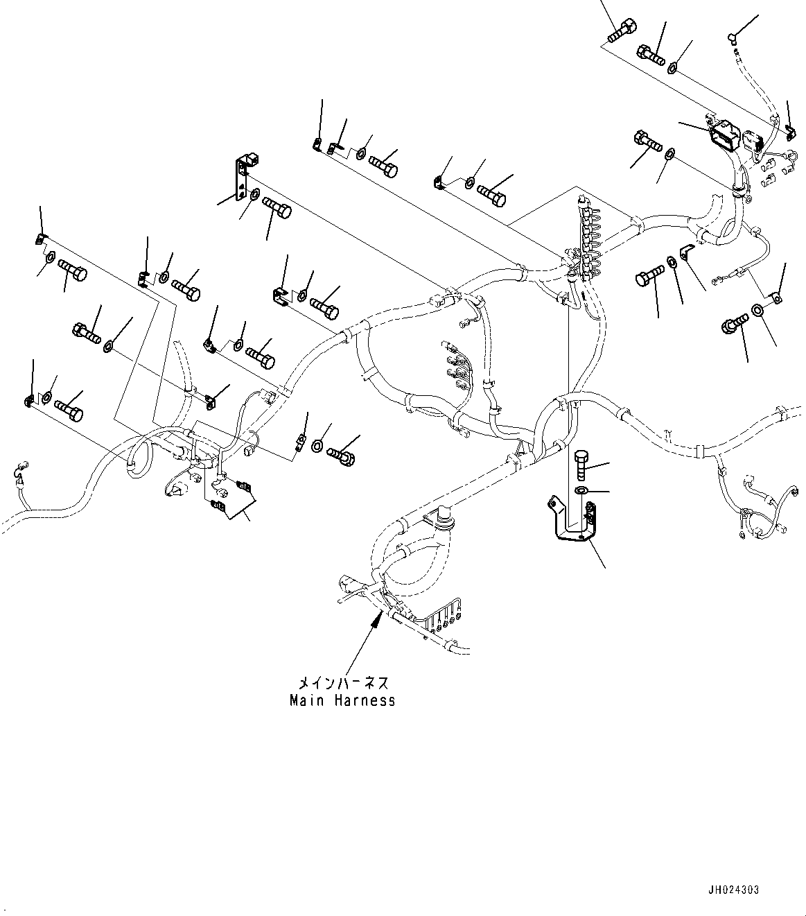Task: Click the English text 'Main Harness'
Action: pos(342,700)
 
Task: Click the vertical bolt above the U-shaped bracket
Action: pos(581,464)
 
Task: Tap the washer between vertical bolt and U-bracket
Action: pos(583,492)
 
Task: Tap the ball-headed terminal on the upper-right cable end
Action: pos(733,36)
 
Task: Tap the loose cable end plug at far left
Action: pos(19,474)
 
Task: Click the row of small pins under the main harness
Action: pos(444,617)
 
